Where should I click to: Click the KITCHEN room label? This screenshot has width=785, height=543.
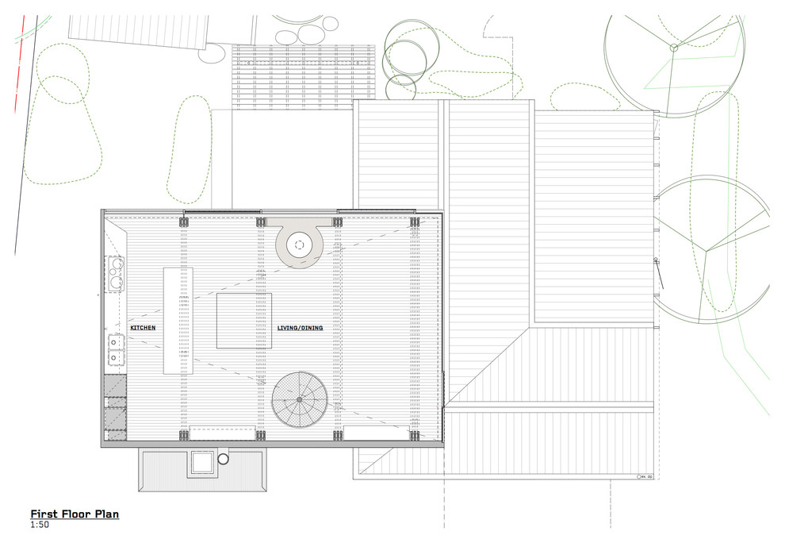pyautogui.click(x=143, y=327)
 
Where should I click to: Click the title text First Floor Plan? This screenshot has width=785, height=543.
pyautogui.click(x=75, y=514)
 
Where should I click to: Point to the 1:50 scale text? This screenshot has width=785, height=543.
pyautogui.click(x=39, y=525)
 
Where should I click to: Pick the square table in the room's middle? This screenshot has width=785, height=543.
pyautogui.click(x=244, y=320)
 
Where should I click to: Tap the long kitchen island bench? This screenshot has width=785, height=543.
pyautogui.click(x=178, y=321)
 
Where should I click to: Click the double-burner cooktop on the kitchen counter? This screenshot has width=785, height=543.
pyautogui.click(x=116, y=274)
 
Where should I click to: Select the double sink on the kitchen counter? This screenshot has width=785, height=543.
pyautogui.click(x=116, y=350)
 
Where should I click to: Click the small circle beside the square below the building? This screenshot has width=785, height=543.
pyautogui.click(x=224, y=459)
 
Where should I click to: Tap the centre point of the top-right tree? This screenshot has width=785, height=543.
pyautogui.click(x=673, y=48)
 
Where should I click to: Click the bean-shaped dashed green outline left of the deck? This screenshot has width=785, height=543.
pyautogui.click(x=188, y=151)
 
